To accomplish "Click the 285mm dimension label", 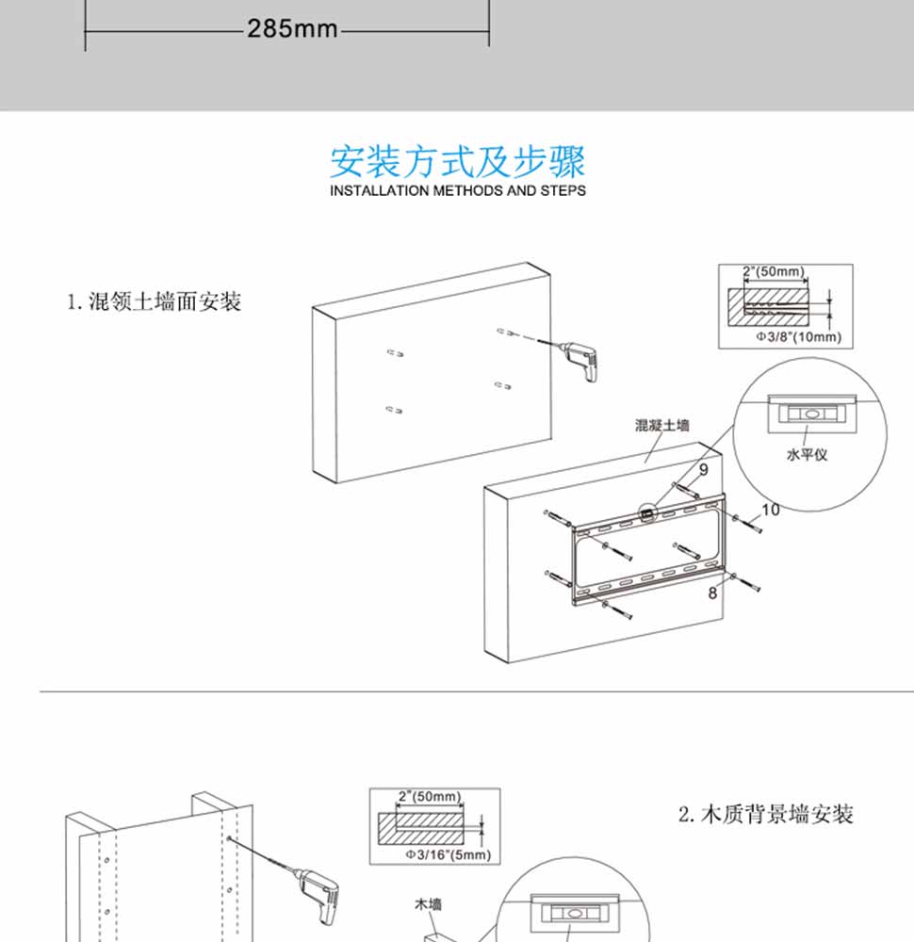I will tap(292, 29).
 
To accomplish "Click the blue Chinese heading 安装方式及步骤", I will tap(457, 161).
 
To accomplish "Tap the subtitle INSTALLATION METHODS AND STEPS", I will tap(457, 190).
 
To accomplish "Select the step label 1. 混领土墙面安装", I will tap(154, 302).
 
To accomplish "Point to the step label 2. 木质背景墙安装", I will tap(766, 814).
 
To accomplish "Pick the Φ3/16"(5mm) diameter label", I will tap(448, 854).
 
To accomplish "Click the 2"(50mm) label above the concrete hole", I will tap(774, 272).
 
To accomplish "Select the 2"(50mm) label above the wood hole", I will tap(429, 797).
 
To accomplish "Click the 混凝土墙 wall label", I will tap(662, 426).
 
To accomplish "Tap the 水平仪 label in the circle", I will tap(808, 454).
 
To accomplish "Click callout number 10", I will tap(770, 510).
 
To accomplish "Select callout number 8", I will tap(713, 593).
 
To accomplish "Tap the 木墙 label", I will tap(429, 904).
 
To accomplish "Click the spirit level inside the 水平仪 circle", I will tap(808, 413).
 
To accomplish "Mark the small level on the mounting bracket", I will tap(648, 514).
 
